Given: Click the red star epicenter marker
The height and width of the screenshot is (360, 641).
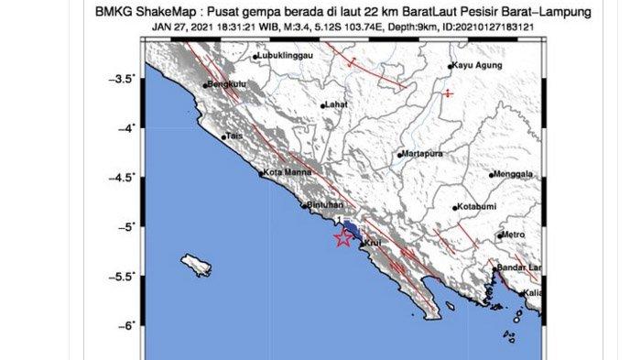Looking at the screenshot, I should [x=343, y=239].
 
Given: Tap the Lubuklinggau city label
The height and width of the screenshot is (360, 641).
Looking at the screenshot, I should [x=286, y=55].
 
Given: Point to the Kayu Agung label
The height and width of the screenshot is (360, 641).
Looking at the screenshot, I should [x=477, y=66].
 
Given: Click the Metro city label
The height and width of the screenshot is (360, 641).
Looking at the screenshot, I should [x=515, y=235].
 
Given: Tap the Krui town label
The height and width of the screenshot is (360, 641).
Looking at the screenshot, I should [x=373, y=243].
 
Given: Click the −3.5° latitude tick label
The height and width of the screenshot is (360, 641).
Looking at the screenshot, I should [x=123, y=80].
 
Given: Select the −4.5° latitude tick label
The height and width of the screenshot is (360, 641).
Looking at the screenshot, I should [x=123, y=177].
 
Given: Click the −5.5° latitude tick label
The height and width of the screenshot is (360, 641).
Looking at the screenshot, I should [x=123, y=276].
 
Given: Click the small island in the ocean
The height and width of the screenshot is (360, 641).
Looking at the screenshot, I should [x=197, y=265].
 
